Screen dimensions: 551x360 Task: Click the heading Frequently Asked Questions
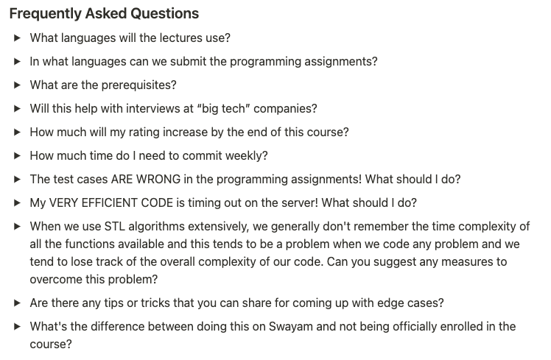click(x=104, y=14)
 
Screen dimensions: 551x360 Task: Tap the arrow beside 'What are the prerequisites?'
click(x=17, y=85)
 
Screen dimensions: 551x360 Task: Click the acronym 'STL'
click(x=115, y=226)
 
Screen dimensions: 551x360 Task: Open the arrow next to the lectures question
click(x=17, y=38)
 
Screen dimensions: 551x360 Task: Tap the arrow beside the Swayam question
click(x=17, y=326)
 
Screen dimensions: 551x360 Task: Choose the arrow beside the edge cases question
click(x=17, y=303)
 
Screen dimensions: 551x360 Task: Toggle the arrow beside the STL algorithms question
click(x=17, y=226)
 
